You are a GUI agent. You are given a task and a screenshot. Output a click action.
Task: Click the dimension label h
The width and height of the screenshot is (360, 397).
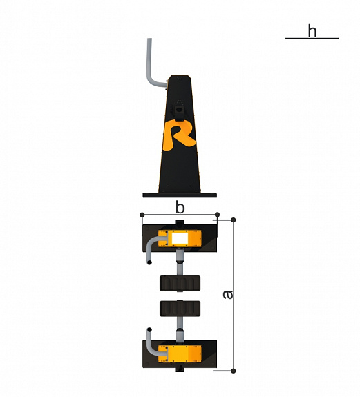click(x=312, y=31)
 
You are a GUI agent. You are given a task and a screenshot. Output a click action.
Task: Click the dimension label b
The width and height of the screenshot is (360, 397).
click(x=180, y=208)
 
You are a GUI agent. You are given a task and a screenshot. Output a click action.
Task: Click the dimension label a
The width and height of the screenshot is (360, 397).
click(x=228, y=294)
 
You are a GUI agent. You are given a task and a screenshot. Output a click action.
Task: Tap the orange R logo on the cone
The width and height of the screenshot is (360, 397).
click(x=179, y=135)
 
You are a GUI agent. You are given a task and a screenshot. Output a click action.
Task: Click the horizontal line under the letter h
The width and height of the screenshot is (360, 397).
click(x=312, y=38)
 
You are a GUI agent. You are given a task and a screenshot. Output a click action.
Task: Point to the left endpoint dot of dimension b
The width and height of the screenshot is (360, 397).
click(x=142, y=215)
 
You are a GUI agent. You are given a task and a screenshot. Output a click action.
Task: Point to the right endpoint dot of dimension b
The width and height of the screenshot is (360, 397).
click(x=217, y=215)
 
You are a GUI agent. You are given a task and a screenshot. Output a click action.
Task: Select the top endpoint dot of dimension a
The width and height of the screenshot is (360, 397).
click(x=234, y=220)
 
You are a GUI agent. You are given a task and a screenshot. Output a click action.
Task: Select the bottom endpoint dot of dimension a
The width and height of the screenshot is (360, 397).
click(x=234, y=371)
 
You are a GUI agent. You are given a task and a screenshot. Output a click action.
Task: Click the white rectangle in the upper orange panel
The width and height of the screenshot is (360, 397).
click(x=180, y=238)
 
